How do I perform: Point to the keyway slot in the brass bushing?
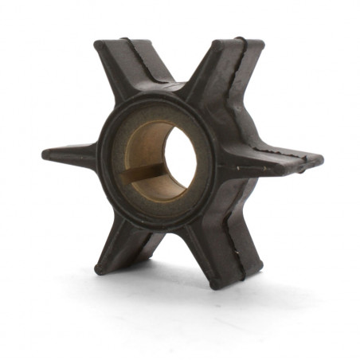(143, 171)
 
